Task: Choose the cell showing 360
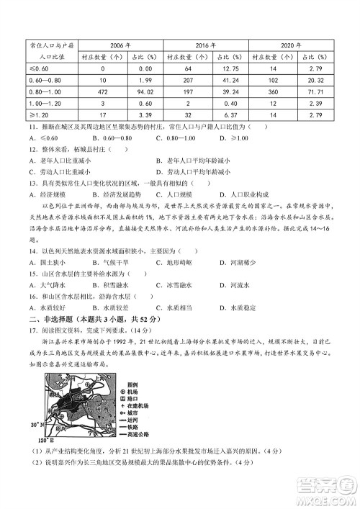(x=272, y=91)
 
